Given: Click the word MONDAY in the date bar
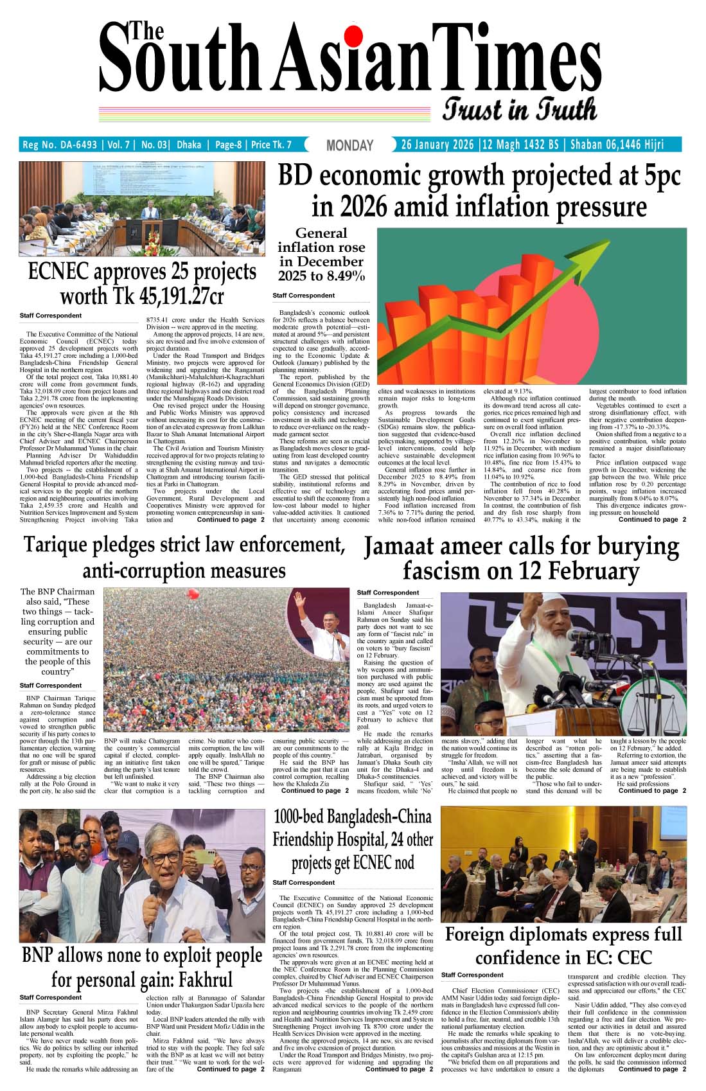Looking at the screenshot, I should [x=349, y=146].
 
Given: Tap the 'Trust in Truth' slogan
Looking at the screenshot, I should [x=520, y=109].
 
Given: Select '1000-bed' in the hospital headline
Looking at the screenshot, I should [x=299, y=817].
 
